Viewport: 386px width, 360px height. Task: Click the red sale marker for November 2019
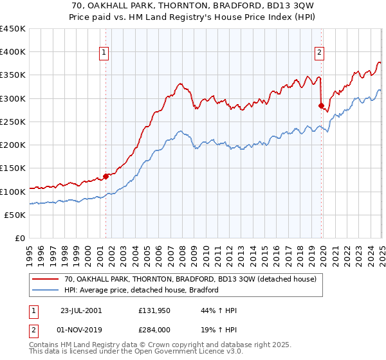(x=322, y=105)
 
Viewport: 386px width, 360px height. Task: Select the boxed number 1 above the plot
(x=104, y=53)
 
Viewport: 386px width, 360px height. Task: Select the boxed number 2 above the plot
(x=319, y=53)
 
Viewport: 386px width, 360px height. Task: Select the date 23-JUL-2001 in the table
(x=80, y=310)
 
